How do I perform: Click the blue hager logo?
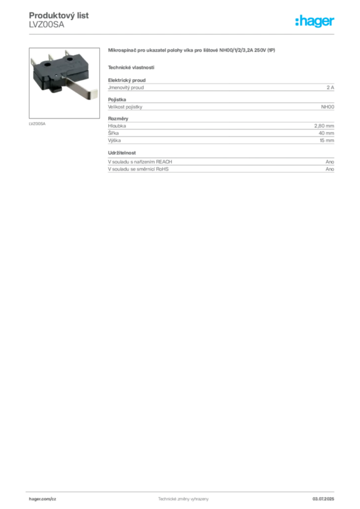315,21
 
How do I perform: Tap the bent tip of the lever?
93,97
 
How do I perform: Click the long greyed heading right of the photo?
192,50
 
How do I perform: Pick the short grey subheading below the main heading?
131,67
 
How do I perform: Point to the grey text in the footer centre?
179,497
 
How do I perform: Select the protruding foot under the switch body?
55,90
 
